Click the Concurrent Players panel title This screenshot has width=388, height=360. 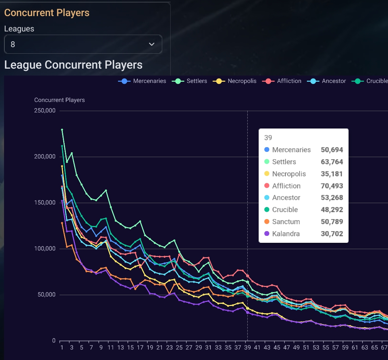(x=47, y=13)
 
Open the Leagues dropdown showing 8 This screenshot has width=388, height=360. (x=83, y=44)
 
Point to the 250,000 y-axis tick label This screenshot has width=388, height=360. (x=45, y=111)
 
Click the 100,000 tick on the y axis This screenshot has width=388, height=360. (x=45, y=249)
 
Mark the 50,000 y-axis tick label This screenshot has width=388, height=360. (x=46, y=295)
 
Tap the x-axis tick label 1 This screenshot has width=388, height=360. (x=62, y=348)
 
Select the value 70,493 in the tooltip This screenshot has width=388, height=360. (x=332, y=186)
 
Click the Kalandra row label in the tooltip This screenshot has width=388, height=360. (x=286, y=234)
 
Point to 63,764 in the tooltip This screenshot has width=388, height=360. (x=332, y=162)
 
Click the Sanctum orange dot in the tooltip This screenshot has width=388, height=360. (x=267, y=222)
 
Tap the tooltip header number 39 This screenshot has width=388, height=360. (x=268, y=138)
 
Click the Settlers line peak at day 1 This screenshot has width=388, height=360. (x=62, y=130)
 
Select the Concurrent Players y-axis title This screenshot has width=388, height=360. (x=60, y=100)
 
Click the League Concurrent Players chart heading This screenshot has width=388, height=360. (x=73, y=65)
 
